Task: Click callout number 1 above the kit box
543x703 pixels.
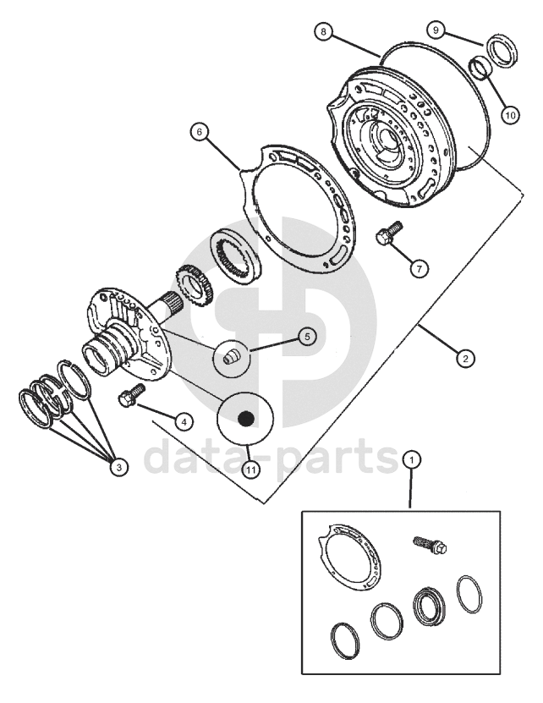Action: click(412, 460)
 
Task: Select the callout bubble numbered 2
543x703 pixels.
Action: click(464, 357)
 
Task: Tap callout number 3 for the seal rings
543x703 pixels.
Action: click(118, 467)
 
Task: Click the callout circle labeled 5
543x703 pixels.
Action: click(306, 337)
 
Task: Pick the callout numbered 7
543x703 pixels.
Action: click(417, 268)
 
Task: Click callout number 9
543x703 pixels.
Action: click(437, 30)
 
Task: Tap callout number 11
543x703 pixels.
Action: click(251, 467)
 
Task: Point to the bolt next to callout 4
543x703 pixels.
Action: click(129, 397)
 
